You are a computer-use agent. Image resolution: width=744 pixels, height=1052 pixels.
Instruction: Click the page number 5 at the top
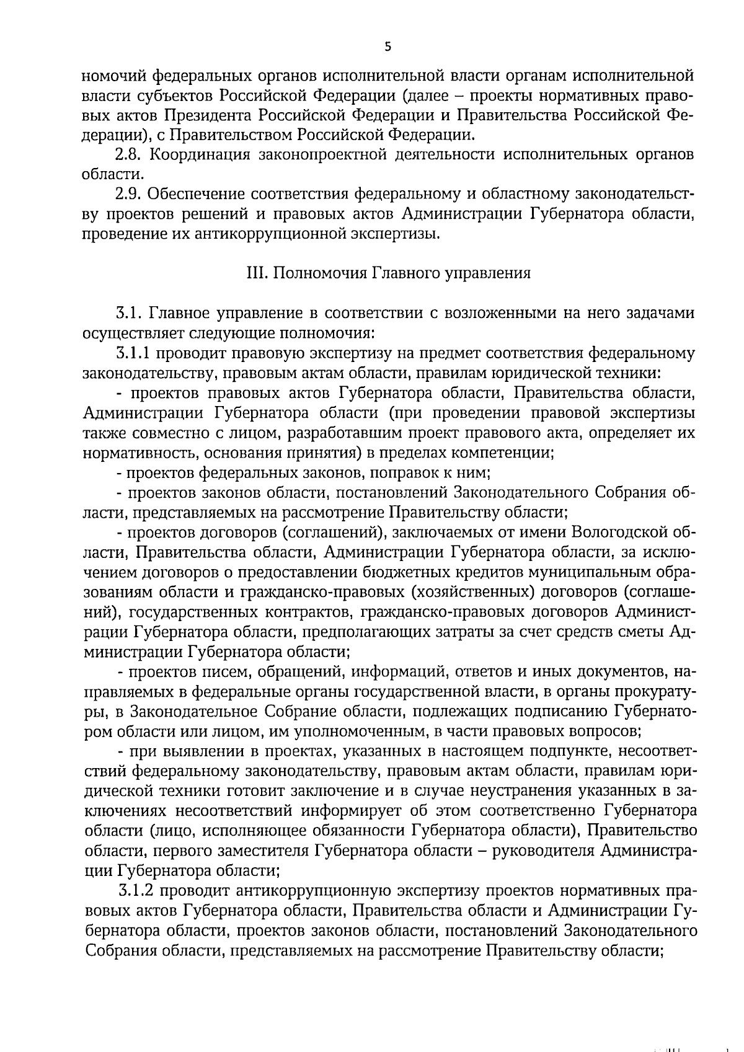click(x=388, y=46)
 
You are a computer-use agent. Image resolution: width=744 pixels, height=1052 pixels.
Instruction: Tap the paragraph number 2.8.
click(x=128, y=155)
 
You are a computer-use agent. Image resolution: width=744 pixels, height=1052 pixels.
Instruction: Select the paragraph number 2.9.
click(x=128, y=195)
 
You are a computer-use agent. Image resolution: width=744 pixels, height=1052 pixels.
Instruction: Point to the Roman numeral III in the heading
click(x=255, y=273)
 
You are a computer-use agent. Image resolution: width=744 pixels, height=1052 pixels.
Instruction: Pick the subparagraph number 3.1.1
click(x=133, y=354)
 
